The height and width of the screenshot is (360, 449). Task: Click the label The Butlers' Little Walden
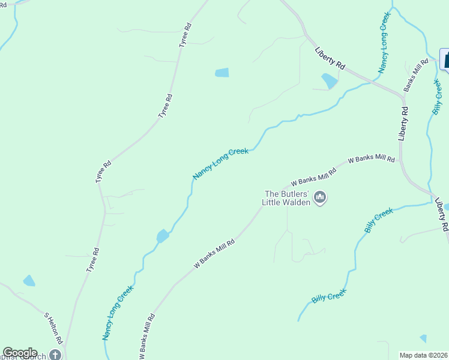(x=287, y=198)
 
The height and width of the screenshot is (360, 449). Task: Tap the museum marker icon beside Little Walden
(x=320, y=197)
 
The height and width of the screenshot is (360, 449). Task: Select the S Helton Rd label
(x=54, y=328)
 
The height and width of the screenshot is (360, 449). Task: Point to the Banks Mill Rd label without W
(x=416, y=74)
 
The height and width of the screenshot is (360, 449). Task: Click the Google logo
(x=20, y=353)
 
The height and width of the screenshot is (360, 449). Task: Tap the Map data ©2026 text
(x=423, y=355)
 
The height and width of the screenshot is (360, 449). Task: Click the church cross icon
(x=55, y=355)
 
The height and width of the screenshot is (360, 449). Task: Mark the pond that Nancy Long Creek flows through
(x=162, y=236)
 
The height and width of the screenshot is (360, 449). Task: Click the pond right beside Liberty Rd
(x=329, y=81)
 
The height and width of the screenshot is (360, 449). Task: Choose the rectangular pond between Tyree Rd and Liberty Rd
(x=221, y=73)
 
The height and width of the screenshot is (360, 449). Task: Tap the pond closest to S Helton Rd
(x=29, y=280)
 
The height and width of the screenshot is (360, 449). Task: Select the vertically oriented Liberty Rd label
(x=404, y=124)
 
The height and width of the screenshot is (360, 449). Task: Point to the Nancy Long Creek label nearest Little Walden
(x=220, y=164)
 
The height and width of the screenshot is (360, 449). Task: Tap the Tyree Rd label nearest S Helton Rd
(x=91, y=260)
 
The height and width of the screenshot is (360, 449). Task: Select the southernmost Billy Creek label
(x=329, y=295)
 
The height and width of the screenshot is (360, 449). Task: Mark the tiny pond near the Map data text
(x=423, y=339)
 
